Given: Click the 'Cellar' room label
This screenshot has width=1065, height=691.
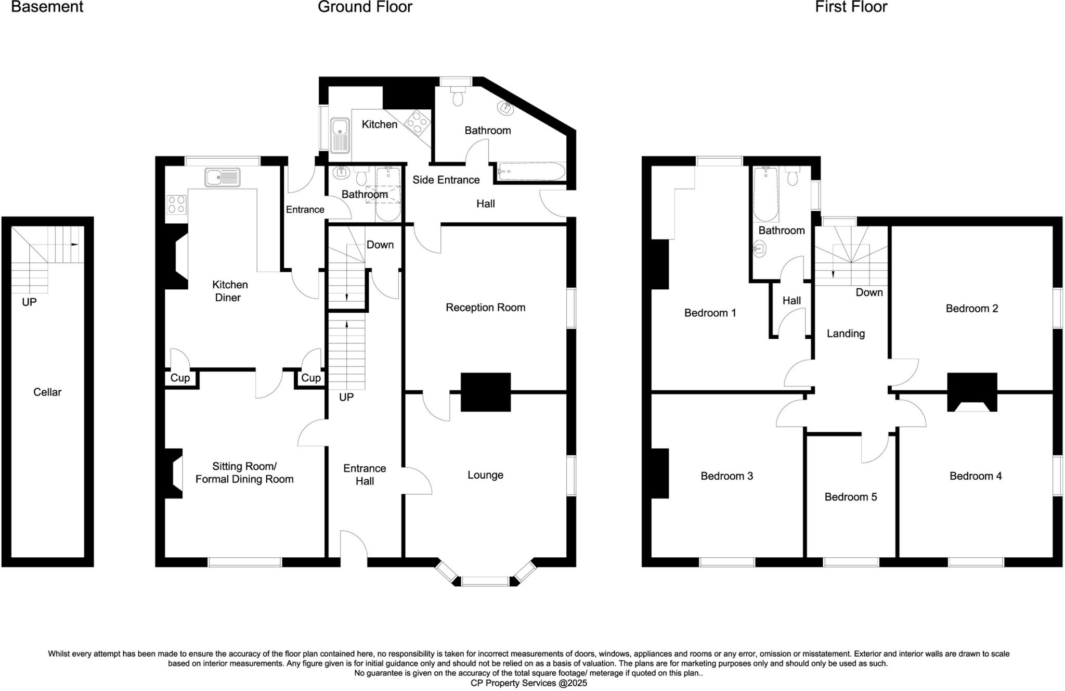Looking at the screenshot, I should pos(47,392).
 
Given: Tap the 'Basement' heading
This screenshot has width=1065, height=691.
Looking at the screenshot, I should pos(47,7).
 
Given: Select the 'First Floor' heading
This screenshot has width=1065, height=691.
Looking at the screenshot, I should pos(851,7).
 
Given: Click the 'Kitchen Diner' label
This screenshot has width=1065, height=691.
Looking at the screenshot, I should pos(229,291).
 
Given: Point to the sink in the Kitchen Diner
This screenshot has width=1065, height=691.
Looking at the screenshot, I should pos(223,177).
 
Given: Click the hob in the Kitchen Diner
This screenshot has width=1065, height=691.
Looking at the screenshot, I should pos(176,204).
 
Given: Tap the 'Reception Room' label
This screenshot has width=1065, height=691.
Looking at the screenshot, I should pos(485,308).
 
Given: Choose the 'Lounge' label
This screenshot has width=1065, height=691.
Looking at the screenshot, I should pos(485,475).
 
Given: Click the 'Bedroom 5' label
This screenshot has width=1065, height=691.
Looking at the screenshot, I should pos(850,497).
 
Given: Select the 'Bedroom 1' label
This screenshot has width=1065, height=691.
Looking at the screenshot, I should pos(710,313).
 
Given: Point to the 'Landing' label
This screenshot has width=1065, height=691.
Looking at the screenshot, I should pos(846,334).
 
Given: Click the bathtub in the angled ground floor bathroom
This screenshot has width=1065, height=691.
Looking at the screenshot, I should pos(531,171).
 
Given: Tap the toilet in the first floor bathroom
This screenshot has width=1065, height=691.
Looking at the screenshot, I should pos(793,177).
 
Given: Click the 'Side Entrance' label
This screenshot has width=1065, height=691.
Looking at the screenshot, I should pos(446,180).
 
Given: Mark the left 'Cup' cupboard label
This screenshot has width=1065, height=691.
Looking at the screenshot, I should pos(180,378).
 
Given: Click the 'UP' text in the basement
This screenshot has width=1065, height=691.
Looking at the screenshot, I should pos(29,302).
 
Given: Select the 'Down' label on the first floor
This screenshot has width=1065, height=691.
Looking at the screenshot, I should pos(869,292).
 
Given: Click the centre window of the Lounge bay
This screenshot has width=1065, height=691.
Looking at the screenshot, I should pos(485,581).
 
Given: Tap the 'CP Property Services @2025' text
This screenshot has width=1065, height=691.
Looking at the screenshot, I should pos(528,683).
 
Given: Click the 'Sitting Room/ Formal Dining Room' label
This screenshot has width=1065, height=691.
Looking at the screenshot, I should pos(244,473).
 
